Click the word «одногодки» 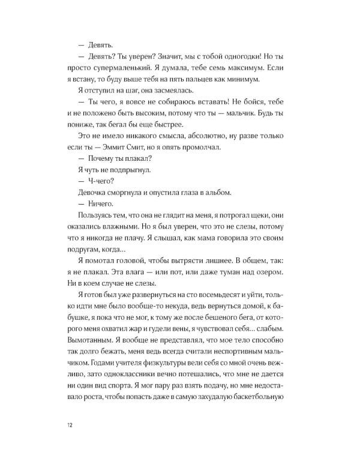click(237, 55)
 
